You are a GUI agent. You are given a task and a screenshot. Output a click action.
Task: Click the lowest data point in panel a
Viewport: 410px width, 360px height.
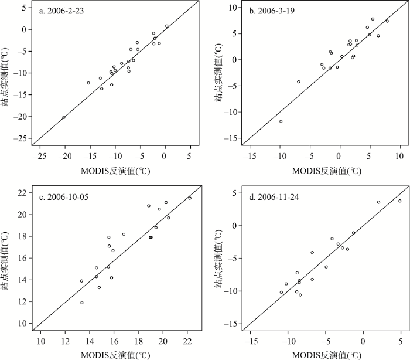[x=64, y=117]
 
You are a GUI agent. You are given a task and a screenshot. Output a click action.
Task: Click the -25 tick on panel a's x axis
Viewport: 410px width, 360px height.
[x=40, y=157]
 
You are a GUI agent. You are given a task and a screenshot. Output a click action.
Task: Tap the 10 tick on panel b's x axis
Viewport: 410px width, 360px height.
[x=399, y=157]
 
